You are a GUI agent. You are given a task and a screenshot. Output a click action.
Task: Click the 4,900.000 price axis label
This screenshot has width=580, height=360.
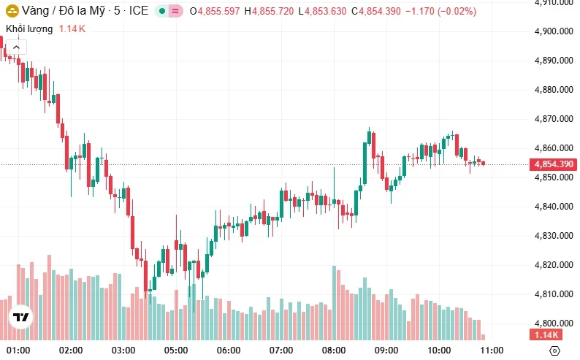(554, 31)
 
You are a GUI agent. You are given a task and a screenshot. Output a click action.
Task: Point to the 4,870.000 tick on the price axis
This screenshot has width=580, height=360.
(554, 119)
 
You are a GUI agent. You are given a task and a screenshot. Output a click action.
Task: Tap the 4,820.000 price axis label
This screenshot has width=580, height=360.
(554, 265)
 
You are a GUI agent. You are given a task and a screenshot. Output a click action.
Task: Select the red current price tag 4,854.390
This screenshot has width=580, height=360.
(554, 164)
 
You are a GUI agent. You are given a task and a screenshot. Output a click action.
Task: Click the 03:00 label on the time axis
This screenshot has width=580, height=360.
(123, 351)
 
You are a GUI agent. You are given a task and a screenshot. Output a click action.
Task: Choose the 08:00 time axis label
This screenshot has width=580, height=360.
(333, 351)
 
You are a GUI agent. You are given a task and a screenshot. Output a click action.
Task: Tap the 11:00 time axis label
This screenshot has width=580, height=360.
(492, 351)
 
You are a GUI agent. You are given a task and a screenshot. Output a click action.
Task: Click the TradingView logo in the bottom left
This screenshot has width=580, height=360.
(20, 318)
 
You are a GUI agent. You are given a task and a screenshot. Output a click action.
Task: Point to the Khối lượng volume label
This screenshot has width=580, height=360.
(29, 29)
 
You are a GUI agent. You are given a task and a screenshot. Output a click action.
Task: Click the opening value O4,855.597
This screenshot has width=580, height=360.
(215, 12)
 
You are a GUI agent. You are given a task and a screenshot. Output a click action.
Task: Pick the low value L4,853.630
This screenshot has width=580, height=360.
(322, 12)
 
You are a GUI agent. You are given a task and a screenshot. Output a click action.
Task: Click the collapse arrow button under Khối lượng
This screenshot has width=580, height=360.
(17, 47)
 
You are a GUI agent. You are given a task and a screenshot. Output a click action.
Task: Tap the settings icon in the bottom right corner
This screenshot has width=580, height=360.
(554, 351)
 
